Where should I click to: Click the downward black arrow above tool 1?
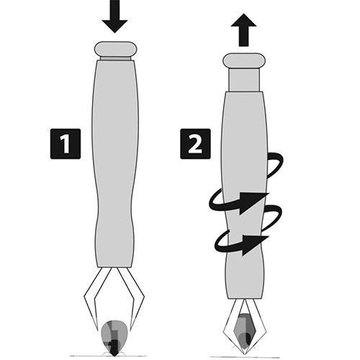pyautogui.click(x=114, y=17)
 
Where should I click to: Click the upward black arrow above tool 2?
pyautogui.click(x=244, y=30)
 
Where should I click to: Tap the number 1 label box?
pyautogui.click(x=66, y=144)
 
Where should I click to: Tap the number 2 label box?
pyautogui.click(x=195, y=144)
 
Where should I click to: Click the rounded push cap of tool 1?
pyautogui.click(x=116, y=49)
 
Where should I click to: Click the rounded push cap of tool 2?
pyautogui.click(x=244, y=60)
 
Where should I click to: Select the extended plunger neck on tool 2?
pyautogui.click(x=244, y=80)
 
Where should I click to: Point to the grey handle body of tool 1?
pyautogui.click(x=115, y=163)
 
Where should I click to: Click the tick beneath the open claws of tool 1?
pyautogui.click(x=114, y=337)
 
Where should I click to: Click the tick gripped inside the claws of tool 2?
pyautogui.click(x=244, y=331)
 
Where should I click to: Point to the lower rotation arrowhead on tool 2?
pyautogui.click(x=255, y=246)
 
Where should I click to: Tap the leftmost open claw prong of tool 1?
pyautogui.click(x=91, y=300)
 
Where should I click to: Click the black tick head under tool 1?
pyautogui.click(x=114, y=348)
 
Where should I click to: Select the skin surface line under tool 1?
pyautogui.click(x=109, y=356)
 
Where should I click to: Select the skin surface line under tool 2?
pyautogui.click(x=245, y=357)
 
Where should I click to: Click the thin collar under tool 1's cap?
pyautogui.click(x=116, y=58)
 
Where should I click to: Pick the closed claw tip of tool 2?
pyautogui.click(x=245, y=354)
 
